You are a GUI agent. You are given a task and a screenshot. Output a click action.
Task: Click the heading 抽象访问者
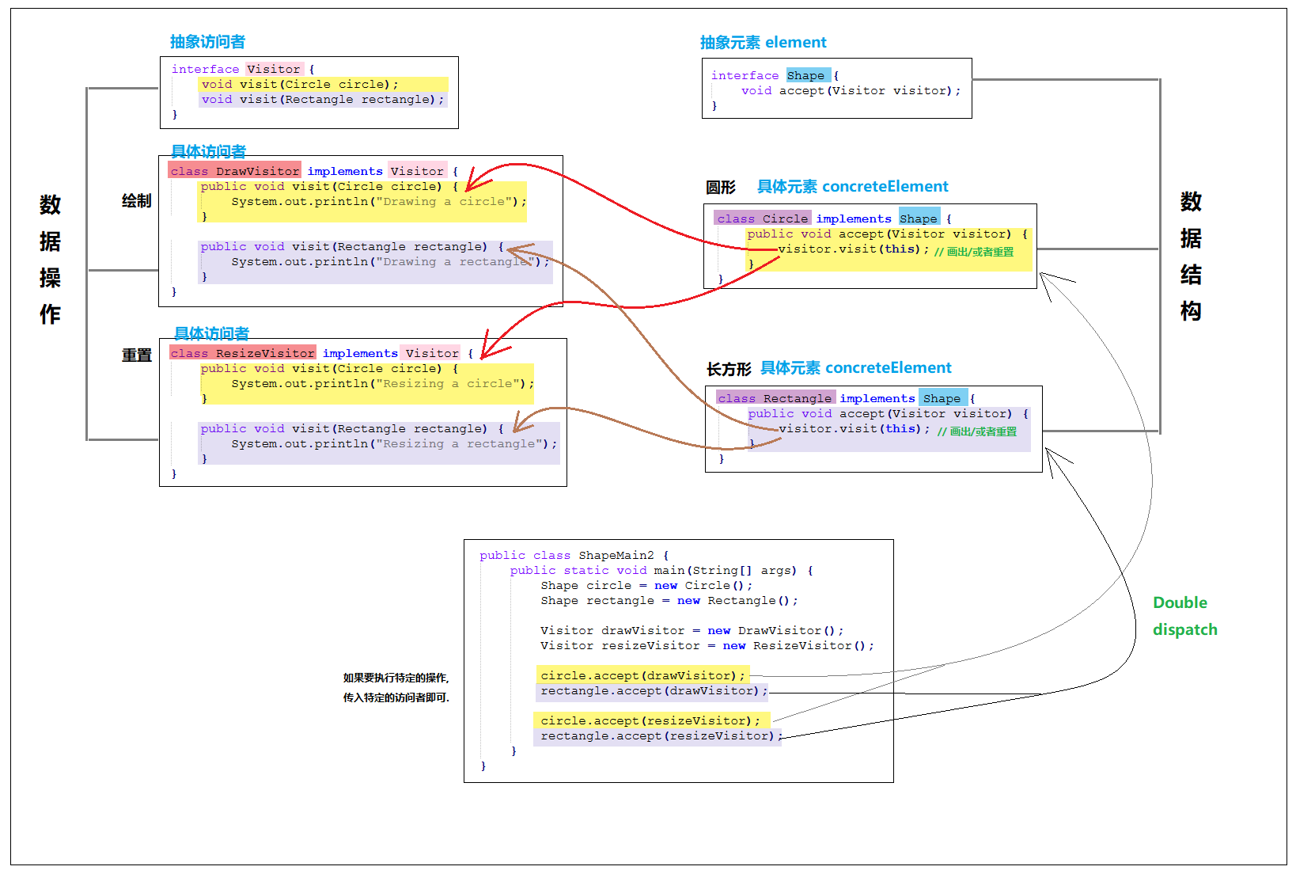[x=207, y=42]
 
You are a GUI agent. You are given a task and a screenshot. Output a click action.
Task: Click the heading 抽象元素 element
[x=764, y=42]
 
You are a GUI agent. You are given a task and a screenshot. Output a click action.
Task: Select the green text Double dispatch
[x=1185, y=616]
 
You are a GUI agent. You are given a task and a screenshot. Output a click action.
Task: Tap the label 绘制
[x=137, y=201]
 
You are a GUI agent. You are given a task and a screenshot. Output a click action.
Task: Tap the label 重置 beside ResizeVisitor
[x=137, y=355]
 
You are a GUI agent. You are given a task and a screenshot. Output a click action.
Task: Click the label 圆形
[x=720, y=187]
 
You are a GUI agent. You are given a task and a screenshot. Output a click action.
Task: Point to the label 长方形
[x=729, y=369]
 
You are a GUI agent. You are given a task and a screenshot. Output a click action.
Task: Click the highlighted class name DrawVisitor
[x=257, y=171]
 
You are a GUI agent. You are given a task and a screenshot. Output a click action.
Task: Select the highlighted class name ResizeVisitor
[x=265, y=353]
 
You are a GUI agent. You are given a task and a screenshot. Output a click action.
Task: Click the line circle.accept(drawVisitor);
[x=642, y=675]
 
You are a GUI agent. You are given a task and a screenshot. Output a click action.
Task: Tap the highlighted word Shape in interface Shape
[x=805, y=75]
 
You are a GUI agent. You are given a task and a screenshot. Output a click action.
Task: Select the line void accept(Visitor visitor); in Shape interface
[x=851, y=90]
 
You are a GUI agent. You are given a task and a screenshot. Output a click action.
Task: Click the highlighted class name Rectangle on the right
[x=798, y=398]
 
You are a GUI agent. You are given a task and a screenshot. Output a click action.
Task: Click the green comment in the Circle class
[x=974, y=252]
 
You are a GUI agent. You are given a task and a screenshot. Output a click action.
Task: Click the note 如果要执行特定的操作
[x=396, y=678]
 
